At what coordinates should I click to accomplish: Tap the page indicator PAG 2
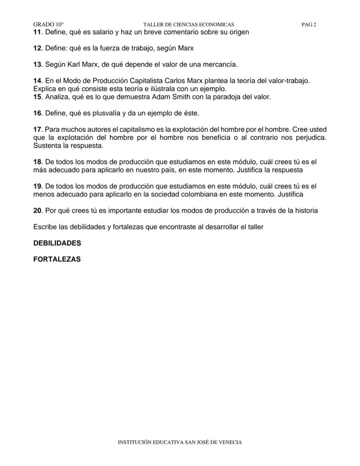click(x=309, y=25)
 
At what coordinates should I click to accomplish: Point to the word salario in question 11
click(x=103, y=32)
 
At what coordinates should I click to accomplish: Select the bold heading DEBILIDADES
click(x=57, y=243)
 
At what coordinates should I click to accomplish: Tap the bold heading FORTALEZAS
click(x=57, y=259)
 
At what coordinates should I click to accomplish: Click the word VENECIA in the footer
click(x=230, y=443)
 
